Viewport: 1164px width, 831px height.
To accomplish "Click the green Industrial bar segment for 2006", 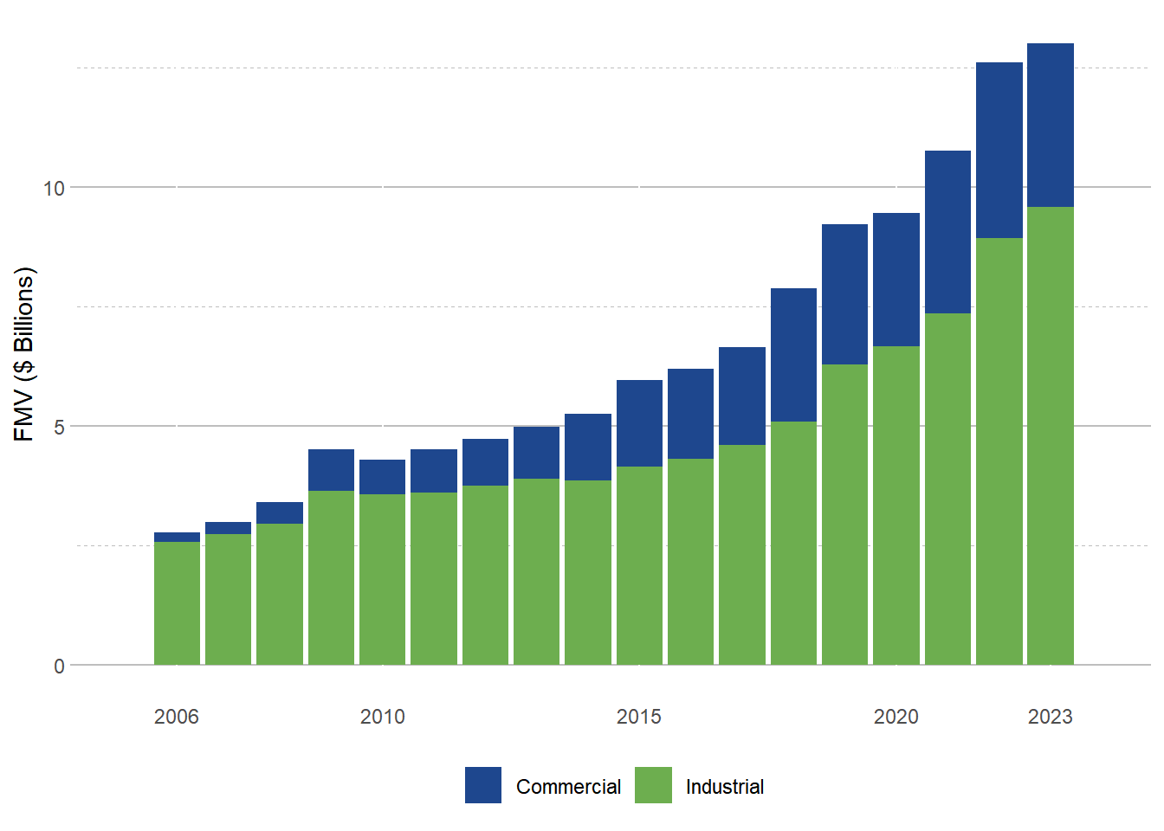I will pos(177,603).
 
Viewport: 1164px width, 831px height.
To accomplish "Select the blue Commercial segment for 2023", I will pos(1051,126).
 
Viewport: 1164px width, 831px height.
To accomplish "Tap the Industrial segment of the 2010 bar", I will pos(382,579).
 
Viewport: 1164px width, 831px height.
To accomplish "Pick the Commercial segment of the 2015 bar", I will pos(639,423).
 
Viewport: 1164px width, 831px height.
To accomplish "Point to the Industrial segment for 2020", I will pos(896,506).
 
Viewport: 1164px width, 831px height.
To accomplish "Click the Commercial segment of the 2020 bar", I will pos(896,280).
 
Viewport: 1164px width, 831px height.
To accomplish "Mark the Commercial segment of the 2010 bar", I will pos(382,477).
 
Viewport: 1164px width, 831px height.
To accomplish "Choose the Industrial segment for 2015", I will pos(639,565).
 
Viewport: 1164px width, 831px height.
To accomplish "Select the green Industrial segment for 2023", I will pos(1051,435).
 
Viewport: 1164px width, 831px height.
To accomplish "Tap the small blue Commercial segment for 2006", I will pos(177,538).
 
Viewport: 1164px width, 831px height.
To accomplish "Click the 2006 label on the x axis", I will pos(177,717).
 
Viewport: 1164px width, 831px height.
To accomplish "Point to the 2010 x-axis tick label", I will pos(382,717).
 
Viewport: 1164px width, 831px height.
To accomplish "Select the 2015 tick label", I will pos(639,717).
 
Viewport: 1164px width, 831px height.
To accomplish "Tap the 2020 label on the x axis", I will pos(896,717).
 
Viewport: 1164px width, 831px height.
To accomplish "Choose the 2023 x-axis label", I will pos(1051,717).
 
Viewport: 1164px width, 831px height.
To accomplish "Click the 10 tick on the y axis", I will pos(55,188).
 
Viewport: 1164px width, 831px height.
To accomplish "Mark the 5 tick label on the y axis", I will pos(59,427).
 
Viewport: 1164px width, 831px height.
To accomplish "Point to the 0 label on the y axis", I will pos(59,666).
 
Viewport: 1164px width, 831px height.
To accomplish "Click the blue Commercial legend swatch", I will pos(483,785).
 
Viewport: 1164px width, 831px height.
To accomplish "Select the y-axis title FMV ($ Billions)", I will pos(24,355).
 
